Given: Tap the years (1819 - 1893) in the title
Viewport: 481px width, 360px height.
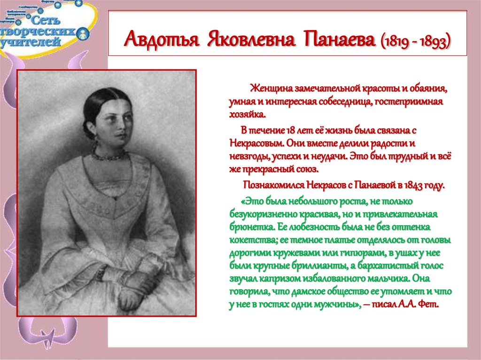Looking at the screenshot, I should (416, 41).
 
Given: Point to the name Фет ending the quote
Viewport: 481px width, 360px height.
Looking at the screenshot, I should (430, 305).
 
